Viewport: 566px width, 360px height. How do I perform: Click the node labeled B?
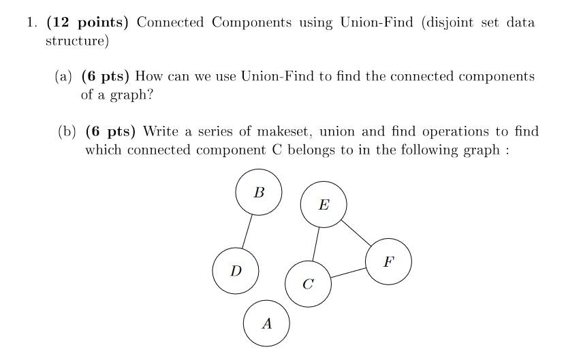click(258, 193)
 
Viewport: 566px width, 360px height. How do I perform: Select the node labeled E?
click(324, 204)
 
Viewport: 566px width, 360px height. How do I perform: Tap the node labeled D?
click(236, 271)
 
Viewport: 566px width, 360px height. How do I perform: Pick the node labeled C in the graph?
click(308, 284)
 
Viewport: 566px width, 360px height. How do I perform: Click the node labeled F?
click(388, 261)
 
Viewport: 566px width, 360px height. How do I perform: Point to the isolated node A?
click(266, 324)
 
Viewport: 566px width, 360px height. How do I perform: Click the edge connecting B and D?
click(247, 231)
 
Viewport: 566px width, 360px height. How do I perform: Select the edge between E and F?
click(356, 233)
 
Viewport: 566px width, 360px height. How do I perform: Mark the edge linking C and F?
click(348, 272)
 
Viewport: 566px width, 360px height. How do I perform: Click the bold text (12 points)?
click(87, 22)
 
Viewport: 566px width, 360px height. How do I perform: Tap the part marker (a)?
click(63, 76)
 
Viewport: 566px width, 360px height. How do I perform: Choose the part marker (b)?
click(67, 131)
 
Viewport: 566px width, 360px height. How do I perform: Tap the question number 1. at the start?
click(32, 22)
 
